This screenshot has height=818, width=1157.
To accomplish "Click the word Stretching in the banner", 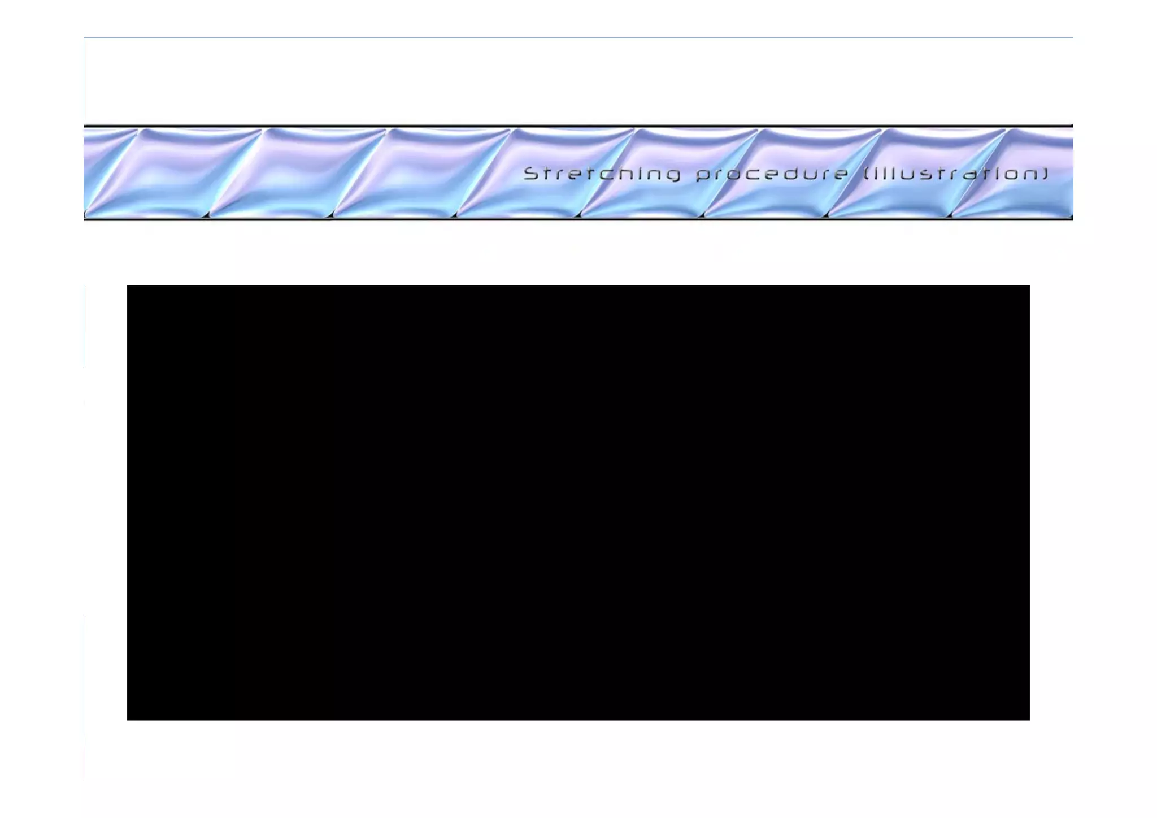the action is tap(602, 174).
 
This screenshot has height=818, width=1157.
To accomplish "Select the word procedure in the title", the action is tap(772, 174).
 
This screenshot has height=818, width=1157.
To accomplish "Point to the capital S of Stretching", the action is tap(532, 173).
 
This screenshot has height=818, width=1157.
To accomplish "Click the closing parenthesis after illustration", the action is tap(1045, 174).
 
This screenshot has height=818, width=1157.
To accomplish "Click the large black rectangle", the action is tap(578, 502).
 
